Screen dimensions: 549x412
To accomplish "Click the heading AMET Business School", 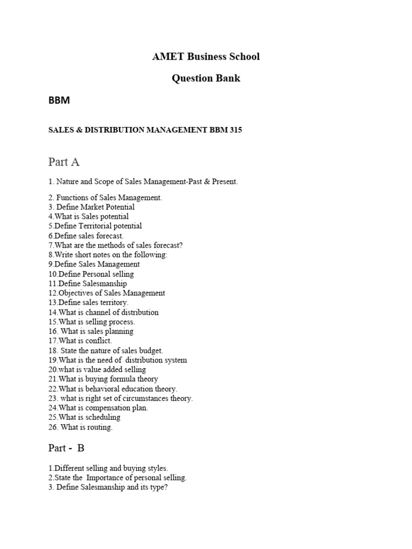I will [x=206, y=56].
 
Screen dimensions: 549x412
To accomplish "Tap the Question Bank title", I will [x=206, y=78].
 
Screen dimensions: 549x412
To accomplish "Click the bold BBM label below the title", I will [x=59, y=100].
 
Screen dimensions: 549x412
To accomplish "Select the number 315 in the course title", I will [x=235, y=130].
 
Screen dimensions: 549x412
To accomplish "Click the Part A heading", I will [x=64, y=161].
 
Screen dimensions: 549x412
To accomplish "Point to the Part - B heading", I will [x=67, y=448].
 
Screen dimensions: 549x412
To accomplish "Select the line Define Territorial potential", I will [x=95, y=226].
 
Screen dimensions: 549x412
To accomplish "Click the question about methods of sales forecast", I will [x=115, y=246].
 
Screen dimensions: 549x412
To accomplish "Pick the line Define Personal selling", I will [x=91, y=274].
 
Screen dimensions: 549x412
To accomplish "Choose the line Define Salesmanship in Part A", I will [x=87, y=284].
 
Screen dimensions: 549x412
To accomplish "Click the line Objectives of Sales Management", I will [x=107, y=293].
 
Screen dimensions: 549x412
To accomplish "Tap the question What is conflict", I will [x=80, y=341].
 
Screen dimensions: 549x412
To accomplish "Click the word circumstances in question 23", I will [x=144, y=398].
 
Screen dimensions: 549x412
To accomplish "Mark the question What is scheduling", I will [x=84, y=417].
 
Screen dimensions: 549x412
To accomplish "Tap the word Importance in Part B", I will [x=108, y=478].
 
